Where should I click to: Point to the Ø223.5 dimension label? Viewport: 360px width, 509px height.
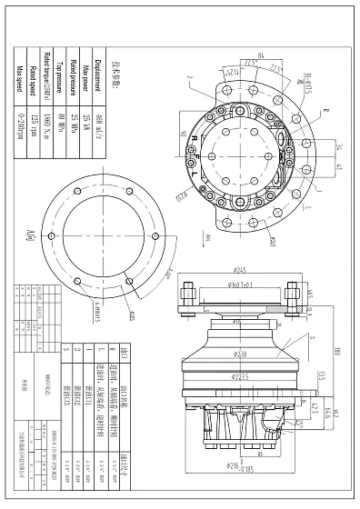[243, 374]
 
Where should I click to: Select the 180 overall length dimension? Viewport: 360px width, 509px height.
[337, 351]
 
